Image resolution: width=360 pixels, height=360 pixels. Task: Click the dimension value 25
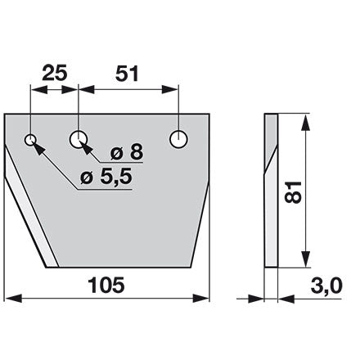click(x=55, y=74)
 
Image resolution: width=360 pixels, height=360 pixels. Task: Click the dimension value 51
click(x=127, y=74)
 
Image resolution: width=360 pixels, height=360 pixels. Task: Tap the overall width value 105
click(x=106, y=285)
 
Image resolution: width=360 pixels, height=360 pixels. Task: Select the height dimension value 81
click(x=293, y=191)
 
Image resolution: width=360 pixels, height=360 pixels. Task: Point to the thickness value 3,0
click(x=326, y=286)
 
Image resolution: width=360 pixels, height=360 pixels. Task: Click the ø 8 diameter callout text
click(x=127, y=152)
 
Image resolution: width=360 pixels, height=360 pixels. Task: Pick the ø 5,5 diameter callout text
click(x=106, y=177)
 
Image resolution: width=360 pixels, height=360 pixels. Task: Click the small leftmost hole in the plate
click(x=30, y=141)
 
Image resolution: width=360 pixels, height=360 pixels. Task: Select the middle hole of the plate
click(x=79, y=139)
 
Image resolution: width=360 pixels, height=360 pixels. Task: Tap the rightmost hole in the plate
click(x=178, y=139)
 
